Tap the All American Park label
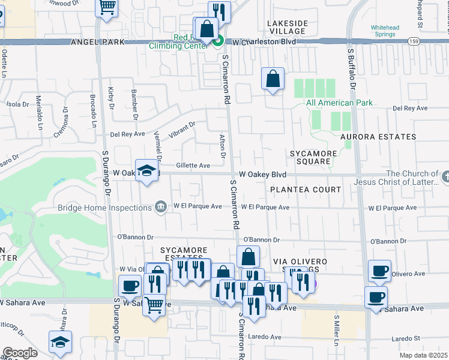pos(339,103)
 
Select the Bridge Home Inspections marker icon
pos(160,208)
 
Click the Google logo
pos(19,353)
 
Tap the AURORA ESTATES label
pos(378,137)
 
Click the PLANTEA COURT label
pos(305,190)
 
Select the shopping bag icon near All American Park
pos(273,79)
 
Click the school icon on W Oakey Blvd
pos(146,171)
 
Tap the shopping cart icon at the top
pos(107,7)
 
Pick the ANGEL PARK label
pos(97,42)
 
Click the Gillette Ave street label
pos(193,166)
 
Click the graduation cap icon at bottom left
pos(60,343)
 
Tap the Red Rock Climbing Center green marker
pos(218,41)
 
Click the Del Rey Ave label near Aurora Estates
pos(409,109)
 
